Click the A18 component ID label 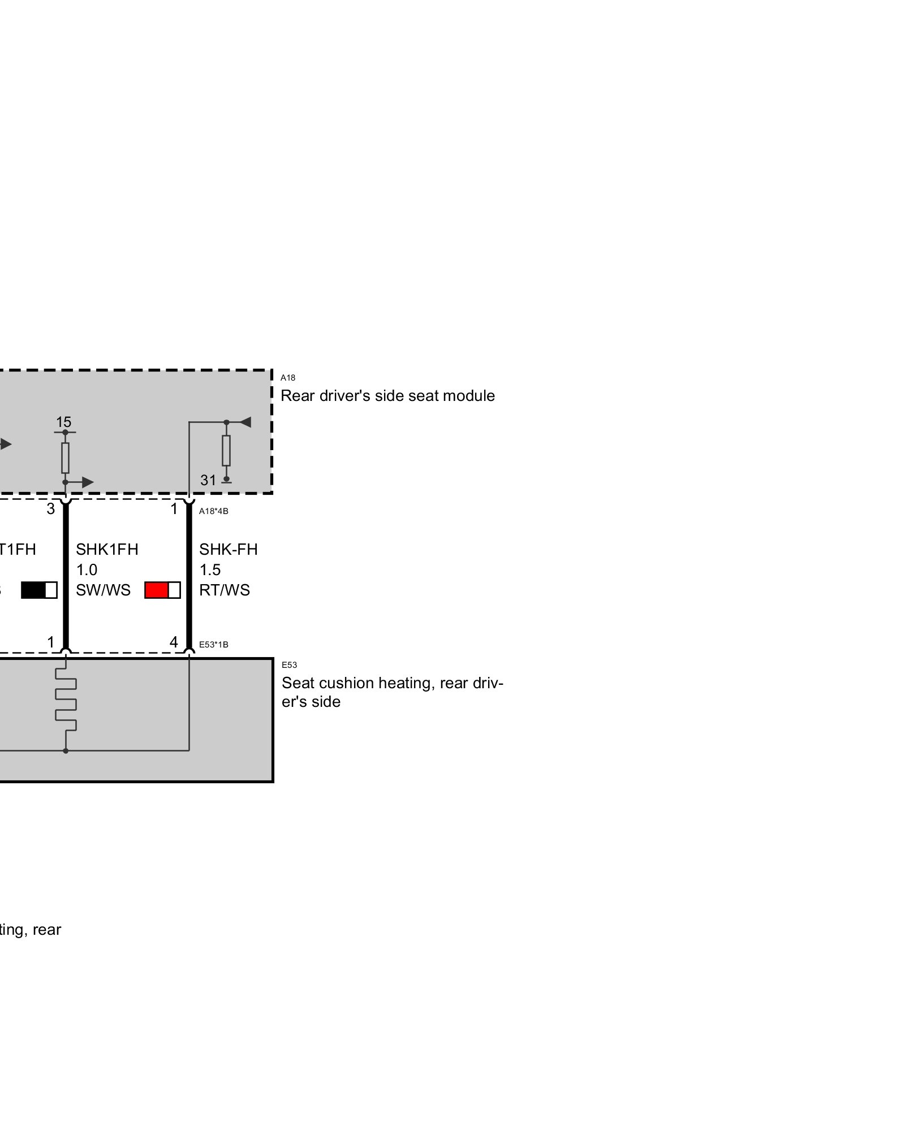(x=287, y=378)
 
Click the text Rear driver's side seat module (x=387, y=396)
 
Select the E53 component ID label (x=289, y=665)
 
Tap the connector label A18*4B (x=213, y=511)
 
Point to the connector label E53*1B (x=213, y=645)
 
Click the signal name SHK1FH (x=107, y=549)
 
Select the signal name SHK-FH (x=228, y=549)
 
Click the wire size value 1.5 (x=210, y=570)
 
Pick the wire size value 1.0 (x=87, y=570)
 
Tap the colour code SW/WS (x=103, y=590)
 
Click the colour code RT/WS (x=224, y=590)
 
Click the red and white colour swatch (x=162, y=590)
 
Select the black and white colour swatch (x=39, y=590)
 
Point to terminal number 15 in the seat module (x=63, y=422)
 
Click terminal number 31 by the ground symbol (x=208, y=480)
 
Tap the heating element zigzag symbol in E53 (x=66, y=701)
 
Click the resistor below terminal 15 (x=65, y=457)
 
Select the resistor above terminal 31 (x=226, y=450)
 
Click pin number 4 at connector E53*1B (x=174, y=642)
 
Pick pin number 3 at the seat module (x=51, y=509)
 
